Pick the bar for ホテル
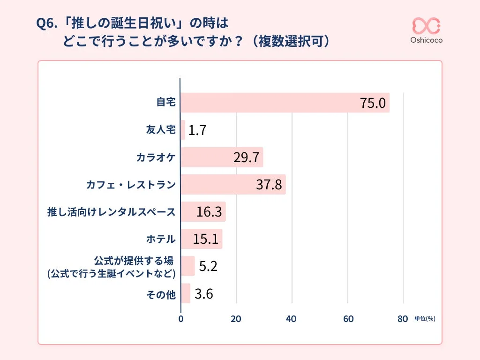[202, 239]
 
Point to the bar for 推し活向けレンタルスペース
[203, 212]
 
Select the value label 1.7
[197, 130]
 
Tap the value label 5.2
[208, 266]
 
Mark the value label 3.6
[204, 294]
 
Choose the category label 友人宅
[161, 130]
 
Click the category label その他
[161, 294]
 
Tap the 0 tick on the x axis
[181, 319]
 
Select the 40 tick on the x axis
[292, 319]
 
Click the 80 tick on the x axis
[403, 319]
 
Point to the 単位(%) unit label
[425, 319]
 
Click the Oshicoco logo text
[426, 40]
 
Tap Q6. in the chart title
[49, 23]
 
